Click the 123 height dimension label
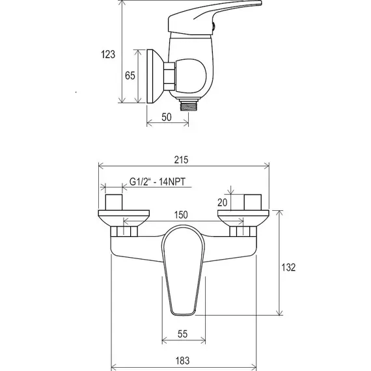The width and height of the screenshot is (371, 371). coord(108,54)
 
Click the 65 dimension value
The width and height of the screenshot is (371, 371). coord(130,76)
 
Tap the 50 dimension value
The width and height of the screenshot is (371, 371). coord(167,117)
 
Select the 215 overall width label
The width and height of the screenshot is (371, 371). coord(181,159)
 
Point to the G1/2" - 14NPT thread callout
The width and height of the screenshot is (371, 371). coord(158,182)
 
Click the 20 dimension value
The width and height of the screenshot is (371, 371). coord(222,202)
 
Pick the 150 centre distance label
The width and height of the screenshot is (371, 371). coord(181,215)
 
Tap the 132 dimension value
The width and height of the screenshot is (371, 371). coord(288,268)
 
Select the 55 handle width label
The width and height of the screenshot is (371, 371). coord(182,334)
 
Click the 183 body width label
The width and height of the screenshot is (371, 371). coord(182,361)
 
